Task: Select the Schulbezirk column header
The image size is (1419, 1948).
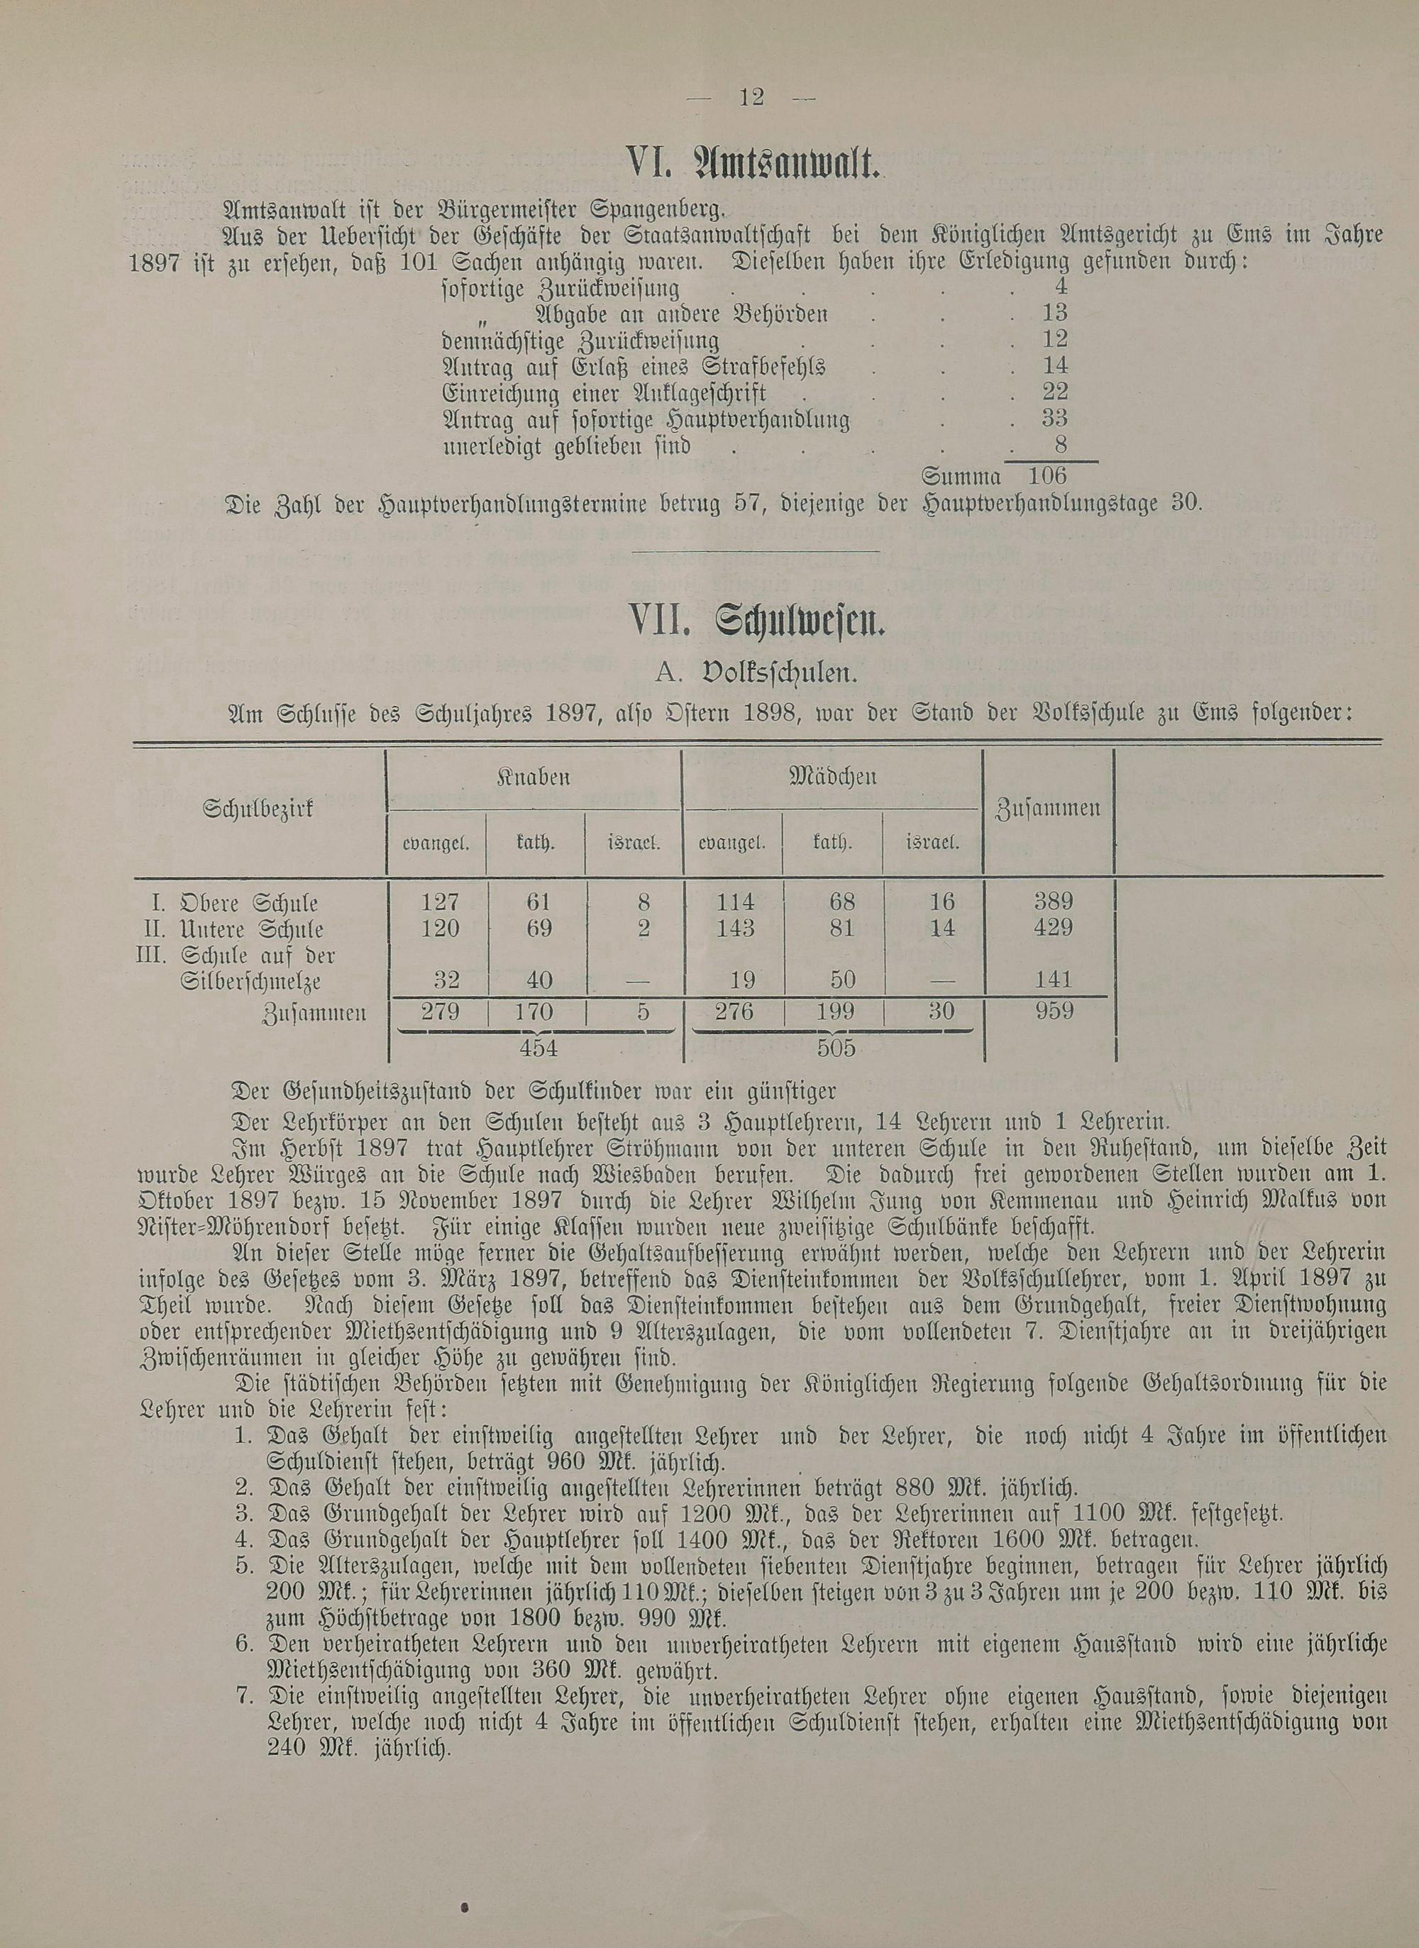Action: [258, 808]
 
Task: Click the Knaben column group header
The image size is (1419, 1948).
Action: [534, 778]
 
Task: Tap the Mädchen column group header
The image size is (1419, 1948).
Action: [832, 778]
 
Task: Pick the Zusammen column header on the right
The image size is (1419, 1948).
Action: [1048, 808]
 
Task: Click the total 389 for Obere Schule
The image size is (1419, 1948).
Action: [1054, 902]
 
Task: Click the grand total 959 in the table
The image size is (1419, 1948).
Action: [1054, 1011]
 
